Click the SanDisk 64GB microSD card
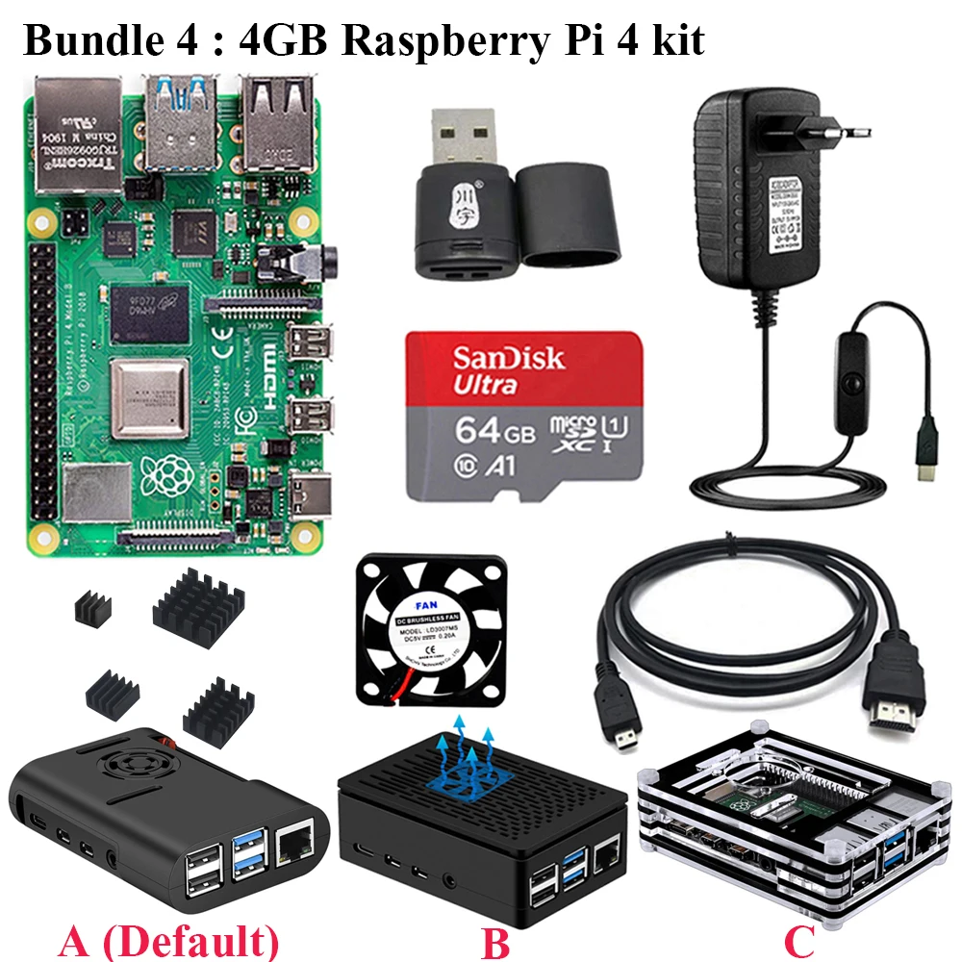point(524,416)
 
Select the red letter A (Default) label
point(168,940)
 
